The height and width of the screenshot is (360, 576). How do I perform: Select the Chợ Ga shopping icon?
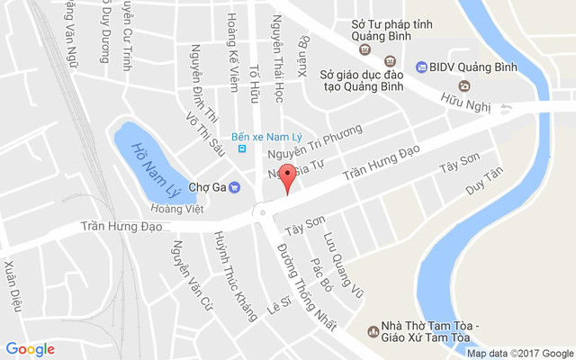(234, 187)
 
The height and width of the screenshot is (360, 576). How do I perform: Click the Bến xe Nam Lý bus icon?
(241, 148)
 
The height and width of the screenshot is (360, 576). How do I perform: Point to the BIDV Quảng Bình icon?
(421, 67)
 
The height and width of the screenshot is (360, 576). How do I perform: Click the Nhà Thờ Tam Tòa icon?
(373, 331)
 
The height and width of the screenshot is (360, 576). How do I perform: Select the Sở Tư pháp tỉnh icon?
(377, 46)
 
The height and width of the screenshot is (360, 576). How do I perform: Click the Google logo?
(30, 349)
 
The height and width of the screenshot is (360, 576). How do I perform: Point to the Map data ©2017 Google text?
(519, 354)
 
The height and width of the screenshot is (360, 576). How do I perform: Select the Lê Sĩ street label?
(276, 309)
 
